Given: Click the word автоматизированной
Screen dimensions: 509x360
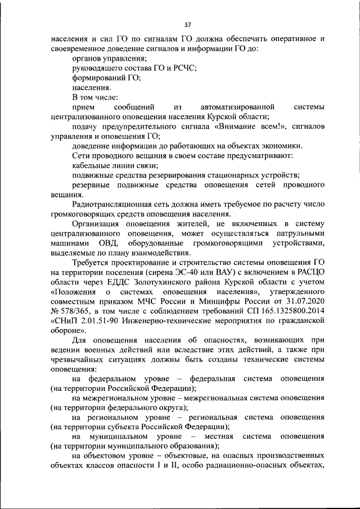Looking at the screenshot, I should pos(237,107).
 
